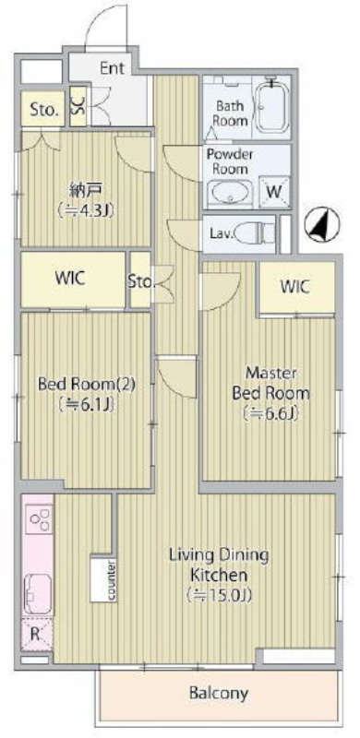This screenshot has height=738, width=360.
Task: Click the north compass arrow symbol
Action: [318, 225]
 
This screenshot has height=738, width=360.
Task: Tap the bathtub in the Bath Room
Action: [272, 105]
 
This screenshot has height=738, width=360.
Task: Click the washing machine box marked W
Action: [274, 192]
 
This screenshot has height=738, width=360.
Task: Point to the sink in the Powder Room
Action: [230, 192]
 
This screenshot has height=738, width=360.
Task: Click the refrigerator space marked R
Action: [36, 634]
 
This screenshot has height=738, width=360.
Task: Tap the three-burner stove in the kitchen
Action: [39, 518]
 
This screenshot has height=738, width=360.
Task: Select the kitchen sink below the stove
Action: [37, 594]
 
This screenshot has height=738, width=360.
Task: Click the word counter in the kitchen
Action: [112, 580]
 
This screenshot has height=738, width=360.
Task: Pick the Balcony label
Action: [218, 693]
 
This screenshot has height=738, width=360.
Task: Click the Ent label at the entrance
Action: [112, 68]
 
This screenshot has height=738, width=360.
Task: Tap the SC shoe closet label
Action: [77, 106]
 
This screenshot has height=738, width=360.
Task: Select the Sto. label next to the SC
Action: [45, 111]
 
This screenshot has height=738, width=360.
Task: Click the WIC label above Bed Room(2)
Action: [71, 278]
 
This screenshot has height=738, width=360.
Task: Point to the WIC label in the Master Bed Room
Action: [295, 286]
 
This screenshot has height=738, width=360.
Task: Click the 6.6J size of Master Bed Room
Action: [271, 413]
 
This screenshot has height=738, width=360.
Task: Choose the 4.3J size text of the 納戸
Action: [86, 210]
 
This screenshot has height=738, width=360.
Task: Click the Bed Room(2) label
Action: [87, 385]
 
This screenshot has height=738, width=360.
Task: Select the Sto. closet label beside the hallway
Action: [141, 281]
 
